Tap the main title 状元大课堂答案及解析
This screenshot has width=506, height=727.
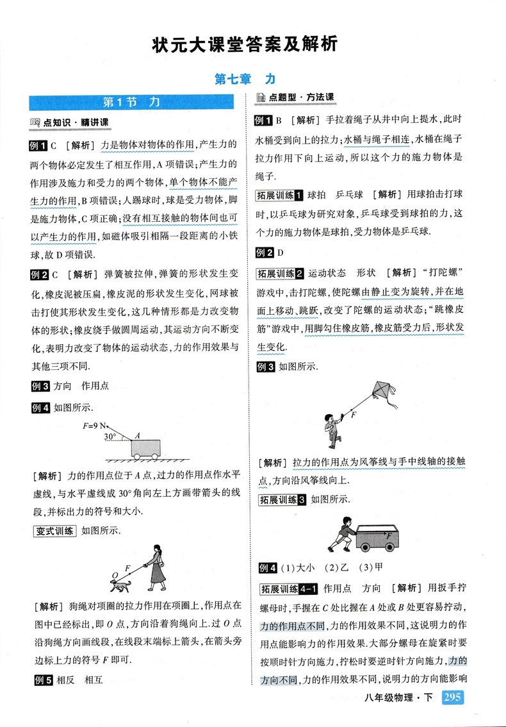pyautogui.click(x=244, y=45)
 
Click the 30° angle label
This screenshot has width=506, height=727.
pyautogui.click(x=110, y=437)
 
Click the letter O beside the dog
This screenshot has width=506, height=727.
pyautogui.click(x=115, y=574)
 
